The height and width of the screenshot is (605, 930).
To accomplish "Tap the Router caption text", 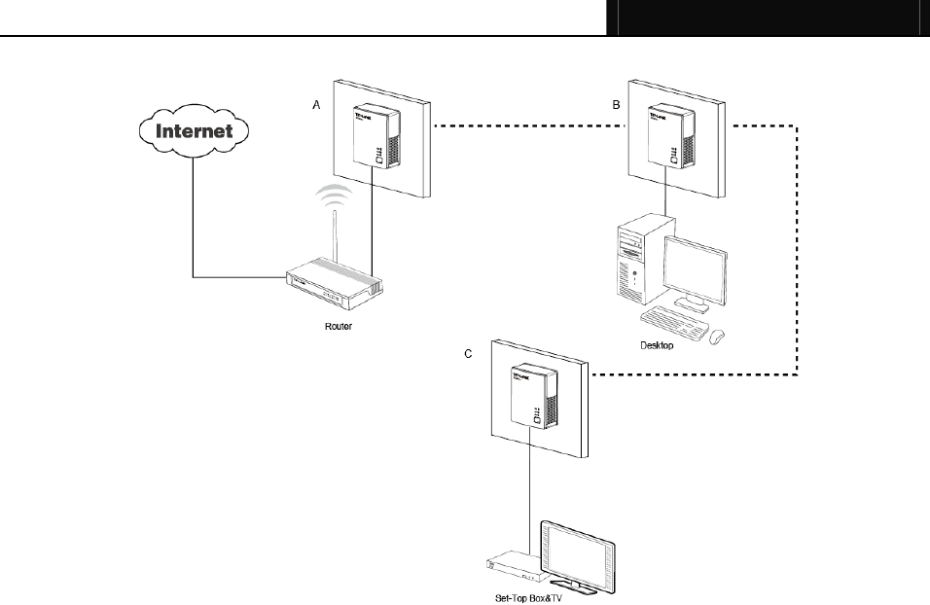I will click(x=339, y=326).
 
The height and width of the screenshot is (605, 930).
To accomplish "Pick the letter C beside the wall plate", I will click(x=468, y=355).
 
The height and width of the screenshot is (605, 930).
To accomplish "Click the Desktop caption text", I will click(x=657, y=344).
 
